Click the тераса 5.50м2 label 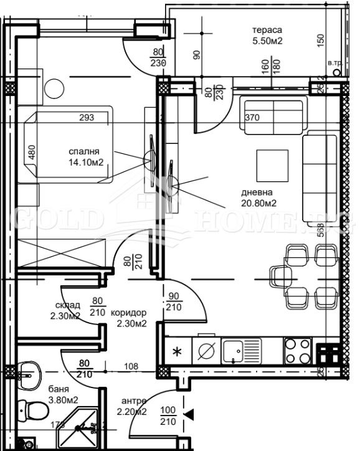pyautogui.click(x=267, y=36)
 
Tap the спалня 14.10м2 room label pyautogui.click(x=85, y=156)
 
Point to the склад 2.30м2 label pyautogui.click(x=66, y=310)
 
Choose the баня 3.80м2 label pyautogui.click(x=62, y=394)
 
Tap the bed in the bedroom pyautogui.click(x=69, y=145)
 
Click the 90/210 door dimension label pyautogui.click(x=173, y=301)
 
